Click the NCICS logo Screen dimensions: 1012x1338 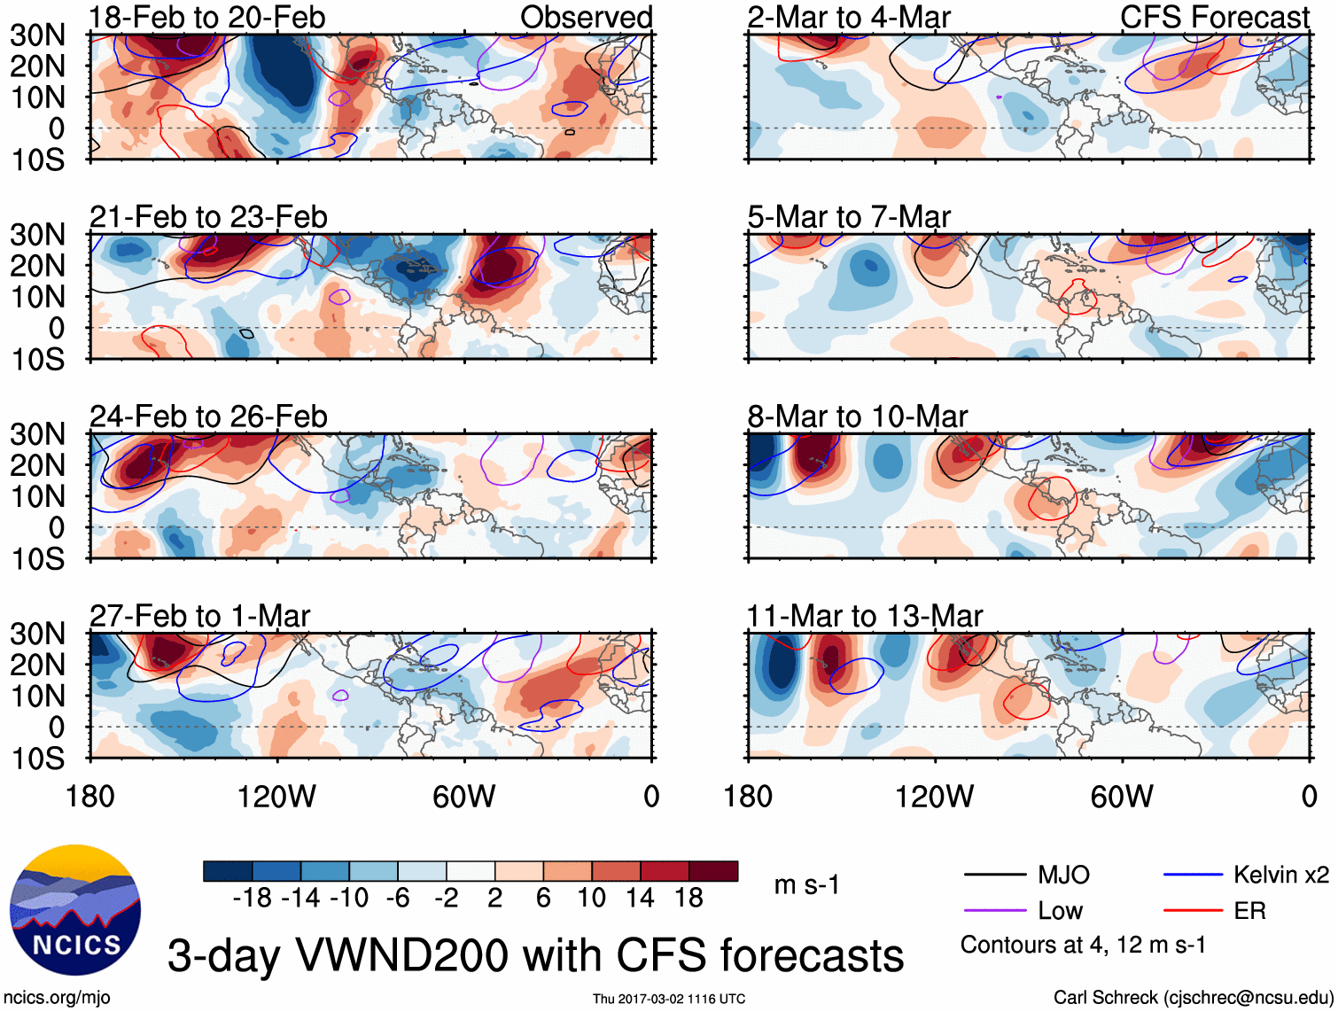point(74,910)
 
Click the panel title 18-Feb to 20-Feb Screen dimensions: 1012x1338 point(207,17)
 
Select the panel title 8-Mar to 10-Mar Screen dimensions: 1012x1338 point(857,416)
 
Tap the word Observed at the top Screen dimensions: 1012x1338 point(586,17)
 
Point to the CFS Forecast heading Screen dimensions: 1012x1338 point(1214,17)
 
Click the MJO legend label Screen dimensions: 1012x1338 point(1063,876)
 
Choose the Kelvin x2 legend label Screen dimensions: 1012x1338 point(1280,876)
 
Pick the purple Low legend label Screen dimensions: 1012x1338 point(1060,911)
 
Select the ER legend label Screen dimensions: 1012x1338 point(1249,911)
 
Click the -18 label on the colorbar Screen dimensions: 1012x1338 point(253,898)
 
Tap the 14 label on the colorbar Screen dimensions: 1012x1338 point(639,898)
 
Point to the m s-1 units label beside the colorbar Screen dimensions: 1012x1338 point(806,885)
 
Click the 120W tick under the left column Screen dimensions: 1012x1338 point(276,797)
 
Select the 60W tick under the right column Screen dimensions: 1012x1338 point(1121,797)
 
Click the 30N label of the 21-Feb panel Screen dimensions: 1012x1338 point(37,235)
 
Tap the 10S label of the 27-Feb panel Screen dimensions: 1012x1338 point(37,759)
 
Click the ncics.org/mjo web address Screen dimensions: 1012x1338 point(58,997)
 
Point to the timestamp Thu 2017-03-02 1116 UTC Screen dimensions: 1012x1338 point(669,999)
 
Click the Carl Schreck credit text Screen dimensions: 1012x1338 point(1193,997)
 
